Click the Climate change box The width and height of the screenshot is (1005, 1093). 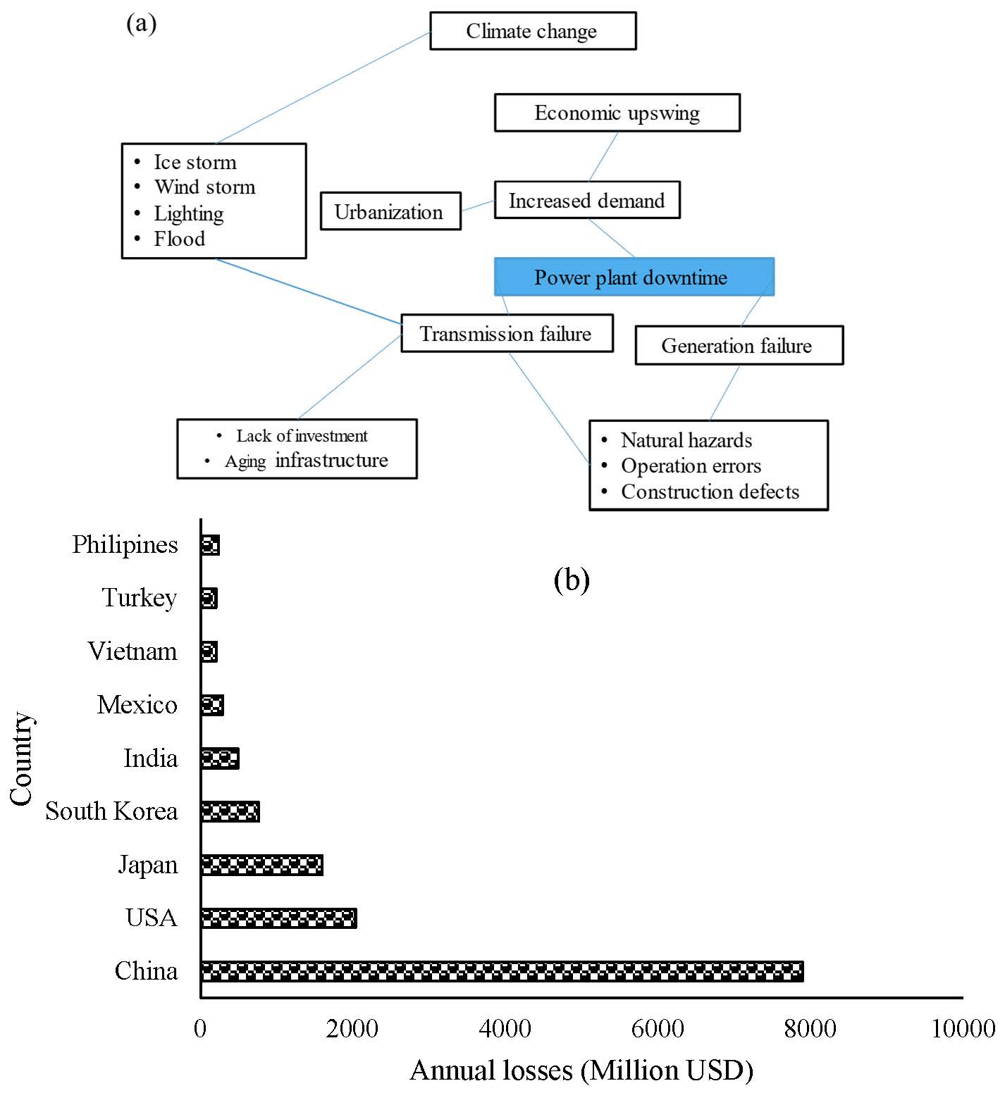point(533,31)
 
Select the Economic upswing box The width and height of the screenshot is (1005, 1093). point(617,113)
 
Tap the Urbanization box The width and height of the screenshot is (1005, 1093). point(390,211)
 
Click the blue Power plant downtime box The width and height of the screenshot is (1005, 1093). point(634,277)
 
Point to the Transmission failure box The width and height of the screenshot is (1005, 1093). point(506,333)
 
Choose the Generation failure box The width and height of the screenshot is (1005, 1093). point(738,345)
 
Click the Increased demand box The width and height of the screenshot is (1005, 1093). point(586,201)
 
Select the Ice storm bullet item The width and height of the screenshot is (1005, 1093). point(195,162)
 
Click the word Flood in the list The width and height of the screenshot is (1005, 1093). point(180,239)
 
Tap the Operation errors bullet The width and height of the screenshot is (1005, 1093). point(691,466)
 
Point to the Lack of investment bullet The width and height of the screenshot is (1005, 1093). point(302,436)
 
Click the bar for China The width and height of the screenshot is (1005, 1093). point(502,971)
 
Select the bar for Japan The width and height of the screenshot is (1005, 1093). point(262,865)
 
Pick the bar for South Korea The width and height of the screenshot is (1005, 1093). point(230,811)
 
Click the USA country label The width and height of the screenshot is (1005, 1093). point(152,918)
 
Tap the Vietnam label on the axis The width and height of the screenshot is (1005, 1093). point(132,651)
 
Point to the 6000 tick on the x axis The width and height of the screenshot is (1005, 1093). point(657,1028)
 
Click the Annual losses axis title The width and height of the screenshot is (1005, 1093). point(581,1070)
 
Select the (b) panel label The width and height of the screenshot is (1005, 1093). point(572,580)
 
